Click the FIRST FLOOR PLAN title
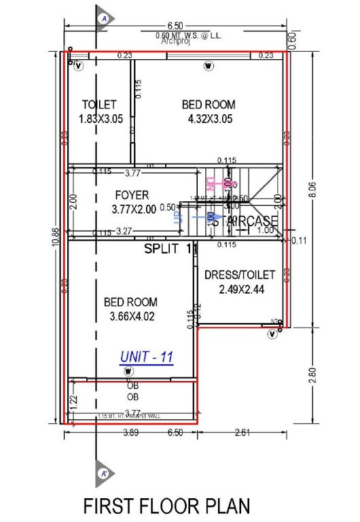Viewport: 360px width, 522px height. click(x=166, y=506)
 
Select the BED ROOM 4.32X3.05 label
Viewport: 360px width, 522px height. click(x=209, y=111)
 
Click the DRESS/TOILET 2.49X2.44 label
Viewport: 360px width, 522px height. click(x=240, y=282)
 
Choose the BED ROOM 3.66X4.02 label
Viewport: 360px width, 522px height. click(x=130, y=309)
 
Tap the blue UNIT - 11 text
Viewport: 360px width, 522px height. click(x=147, y=356)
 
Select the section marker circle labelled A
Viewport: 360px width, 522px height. click(x=105, y=18)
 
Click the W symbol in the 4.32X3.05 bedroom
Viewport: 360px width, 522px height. click(x=209, y=66)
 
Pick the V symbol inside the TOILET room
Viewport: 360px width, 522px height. click(x=78, y=66)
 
